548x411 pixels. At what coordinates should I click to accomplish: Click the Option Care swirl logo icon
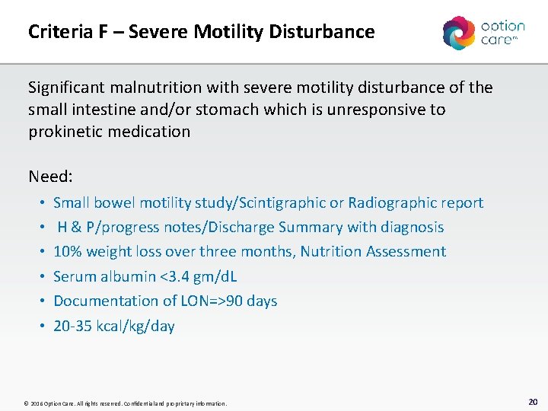point(459,33)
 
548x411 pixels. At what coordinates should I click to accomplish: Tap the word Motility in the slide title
point(228,32)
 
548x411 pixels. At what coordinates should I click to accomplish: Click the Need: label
point(50,177)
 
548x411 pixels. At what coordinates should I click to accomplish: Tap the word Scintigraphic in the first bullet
point(282,202)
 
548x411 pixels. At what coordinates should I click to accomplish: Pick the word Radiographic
point(390,202)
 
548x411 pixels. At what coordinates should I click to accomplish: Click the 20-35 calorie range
point(73,326)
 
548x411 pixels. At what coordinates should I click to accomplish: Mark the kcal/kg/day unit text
point(135,326)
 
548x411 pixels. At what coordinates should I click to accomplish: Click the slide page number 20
point(532,401)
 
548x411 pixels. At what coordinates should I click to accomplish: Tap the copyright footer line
point(126,403)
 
